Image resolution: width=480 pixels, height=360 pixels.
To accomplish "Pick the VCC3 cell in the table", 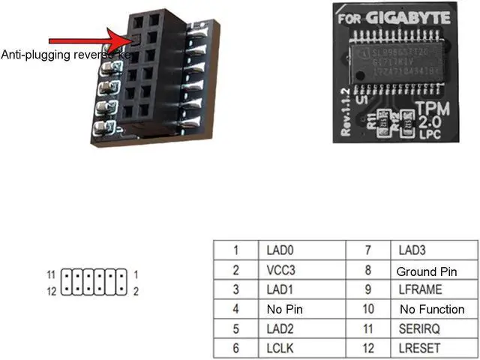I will tap(279, 270).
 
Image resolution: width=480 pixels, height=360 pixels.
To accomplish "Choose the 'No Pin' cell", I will tap(283, 309).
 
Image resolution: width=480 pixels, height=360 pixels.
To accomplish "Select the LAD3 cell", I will tap(411, 250).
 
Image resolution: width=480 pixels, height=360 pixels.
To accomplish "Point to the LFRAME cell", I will tap(420, 289).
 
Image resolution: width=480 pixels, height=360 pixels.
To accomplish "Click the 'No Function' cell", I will tap(431, 309).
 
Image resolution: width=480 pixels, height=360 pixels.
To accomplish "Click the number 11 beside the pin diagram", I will tap(51, 274).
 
